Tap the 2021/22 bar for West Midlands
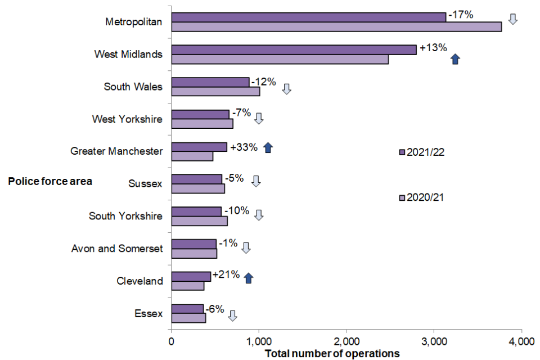point(294,49)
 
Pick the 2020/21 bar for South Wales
point(215,92)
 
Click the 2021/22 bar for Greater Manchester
point(199,147)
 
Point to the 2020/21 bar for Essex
point(188,319)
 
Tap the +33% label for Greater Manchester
point(244,147)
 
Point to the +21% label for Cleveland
point(227,275)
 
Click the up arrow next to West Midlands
point(456,59)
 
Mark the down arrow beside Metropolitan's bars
point(512,19)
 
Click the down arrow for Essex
point(232,316)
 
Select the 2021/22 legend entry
point(422,152)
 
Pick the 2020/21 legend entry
point(422,197)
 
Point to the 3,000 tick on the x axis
point(434,341)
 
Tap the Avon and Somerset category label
point(117,248)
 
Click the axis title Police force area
point(50,182)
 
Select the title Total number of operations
point(332,353)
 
